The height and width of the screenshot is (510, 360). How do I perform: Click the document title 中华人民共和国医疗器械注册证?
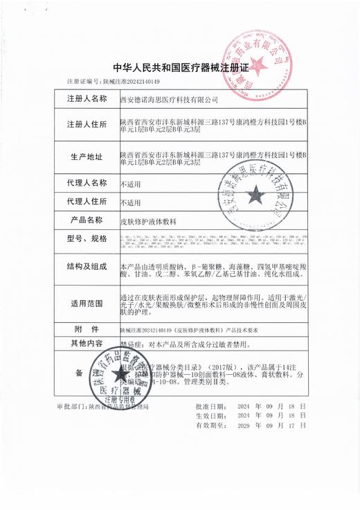click(x=179, y=68)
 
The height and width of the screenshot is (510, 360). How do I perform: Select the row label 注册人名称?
click(x=87, y=100)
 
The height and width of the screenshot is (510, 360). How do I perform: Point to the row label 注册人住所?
click(x=87, y=125)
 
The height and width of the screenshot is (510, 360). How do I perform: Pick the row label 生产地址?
click(x=87, y=157)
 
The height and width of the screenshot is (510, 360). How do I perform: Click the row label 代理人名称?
click(x=87, y=184)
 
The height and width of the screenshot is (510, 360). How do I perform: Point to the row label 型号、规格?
click(x=87, y=239)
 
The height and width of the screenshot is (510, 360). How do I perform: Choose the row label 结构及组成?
click(x=87, y=267)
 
